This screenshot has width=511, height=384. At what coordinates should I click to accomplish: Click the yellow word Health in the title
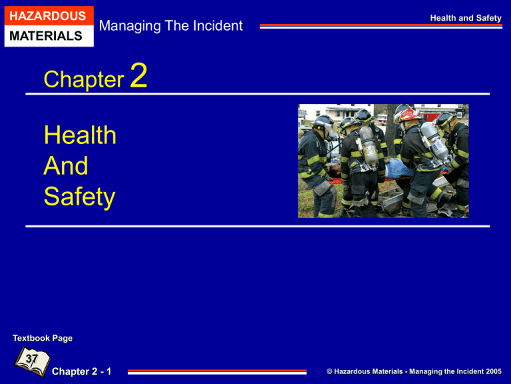coord(80,136)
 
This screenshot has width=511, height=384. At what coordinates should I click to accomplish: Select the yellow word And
coord(66,166)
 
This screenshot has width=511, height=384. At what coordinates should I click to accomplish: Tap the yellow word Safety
coord(79,197)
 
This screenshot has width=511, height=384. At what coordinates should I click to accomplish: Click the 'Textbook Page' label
coord(43,338)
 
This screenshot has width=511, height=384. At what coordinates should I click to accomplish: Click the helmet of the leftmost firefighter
coord(322,122)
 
